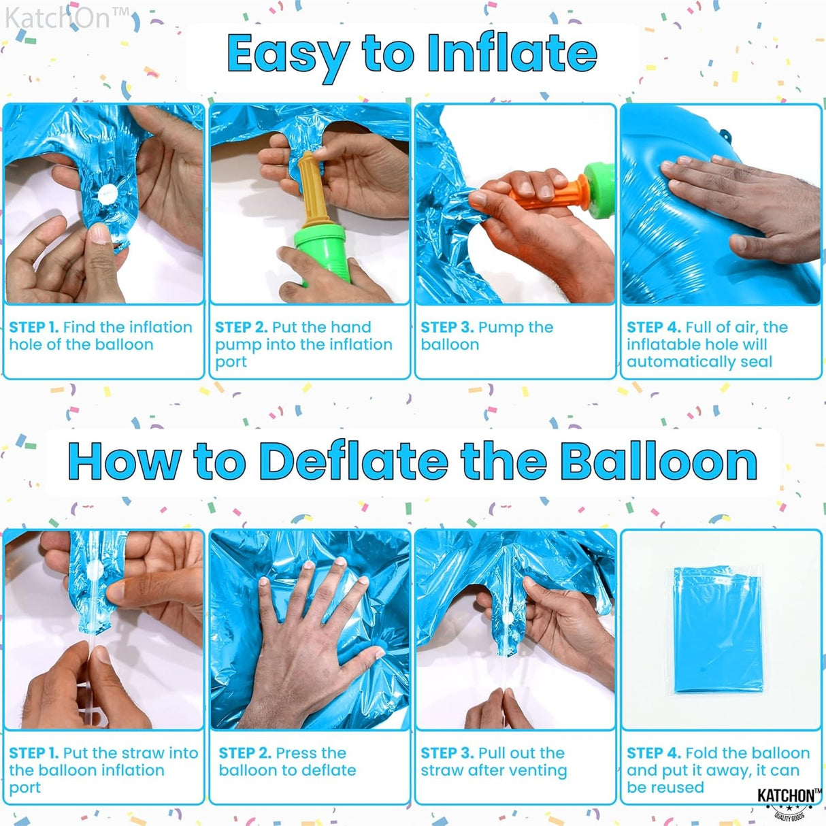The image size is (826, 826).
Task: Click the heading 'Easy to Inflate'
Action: [412, 54]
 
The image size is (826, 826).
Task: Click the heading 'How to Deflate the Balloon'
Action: [412, 461]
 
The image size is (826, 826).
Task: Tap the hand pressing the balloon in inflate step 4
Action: [735, 204]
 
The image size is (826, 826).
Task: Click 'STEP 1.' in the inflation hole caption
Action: [33, 327]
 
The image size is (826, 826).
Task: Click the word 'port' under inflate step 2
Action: [231, 362]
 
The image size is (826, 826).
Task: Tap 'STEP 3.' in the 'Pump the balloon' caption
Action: [447, 327]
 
